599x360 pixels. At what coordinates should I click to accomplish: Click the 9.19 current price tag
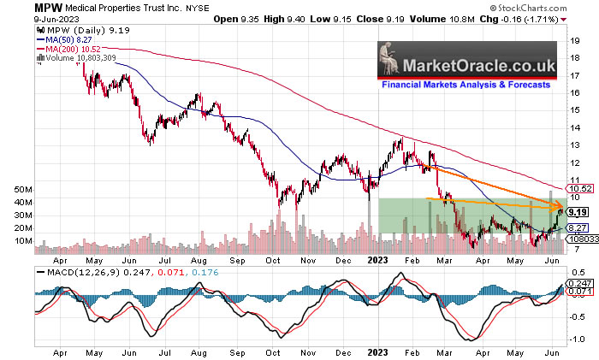pos(578,211)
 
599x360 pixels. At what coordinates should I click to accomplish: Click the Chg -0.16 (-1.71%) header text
pos(535,18)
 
